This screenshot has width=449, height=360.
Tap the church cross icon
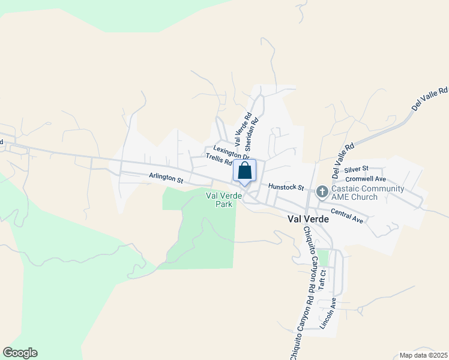click(322, 192)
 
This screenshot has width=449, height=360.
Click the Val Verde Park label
click(219, 200)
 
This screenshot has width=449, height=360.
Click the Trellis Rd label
click(218, 159)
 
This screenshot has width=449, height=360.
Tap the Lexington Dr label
click(231, 152)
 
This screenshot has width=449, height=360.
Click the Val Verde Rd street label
click(242, 130)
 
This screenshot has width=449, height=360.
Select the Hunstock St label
click(287, 187)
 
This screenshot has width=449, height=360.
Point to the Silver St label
click(357, 170)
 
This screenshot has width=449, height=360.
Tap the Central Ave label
click(347, 216)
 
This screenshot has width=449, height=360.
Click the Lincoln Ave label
click(328, 313)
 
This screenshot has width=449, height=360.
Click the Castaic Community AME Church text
click(366, 193)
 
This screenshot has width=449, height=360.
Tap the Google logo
click(20, 353)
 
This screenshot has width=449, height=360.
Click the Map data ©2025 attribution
click(423, 355)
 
